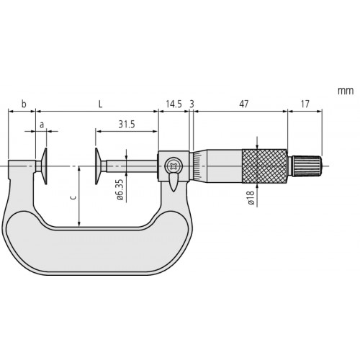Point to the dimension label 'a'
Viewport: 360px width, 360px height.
pyautogui.click(x=41, y=125)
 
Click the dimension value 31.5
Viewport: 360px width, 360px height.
pyautogui.click(x=127, y=125)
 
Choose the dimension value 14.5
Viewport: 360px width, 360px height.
pyautogui.click(x=173, y=104)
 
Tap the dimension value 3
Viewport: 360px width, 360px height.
pyautogui.click(x=192, y=104)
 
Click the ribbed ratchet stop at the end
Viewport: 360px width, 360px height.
pyautogui.click(x=307, y=165)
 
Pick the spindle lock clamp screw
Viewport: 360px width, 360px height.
pyautogui.click(x=173, y=167)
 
